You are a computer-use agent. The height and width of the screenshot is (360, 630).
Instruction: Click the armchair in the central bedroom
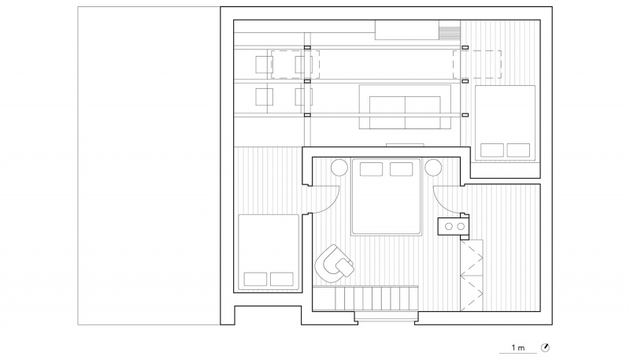click(333, 264)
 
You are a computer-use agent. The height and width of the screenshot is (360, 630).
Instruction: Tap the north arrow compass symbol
click(545, 347)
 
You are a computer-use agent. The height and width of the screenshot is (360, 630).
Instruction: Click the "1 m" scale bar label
click(518, 347)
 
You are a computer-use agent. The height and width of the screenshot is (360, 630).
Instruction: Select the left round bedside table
click(339, 168)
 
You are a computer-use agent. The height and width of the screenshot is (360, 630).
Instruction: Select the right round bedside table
click(433, 168)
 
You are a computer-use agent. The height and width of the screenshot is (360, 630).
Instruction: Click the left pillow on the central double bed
click(371, 169)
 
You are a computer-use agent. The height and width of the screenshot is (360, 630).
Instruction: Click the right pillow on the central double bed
click(402, 169)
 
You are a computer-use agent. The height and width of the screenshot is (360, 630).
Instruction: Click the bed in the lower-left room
click(269, 252)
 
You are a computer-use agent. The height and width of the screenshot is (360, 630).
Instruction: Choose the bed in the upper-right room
click(505, 123)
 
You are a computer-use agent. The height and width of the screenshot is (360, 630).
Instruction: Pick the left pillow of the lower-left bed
click(255, 279)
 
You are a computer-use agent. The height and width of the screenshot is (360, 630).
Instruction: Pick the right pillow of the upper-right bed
click(518, 150)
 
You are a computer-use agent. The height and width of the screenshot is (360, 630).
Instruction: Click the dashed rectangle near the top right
click(477, 65)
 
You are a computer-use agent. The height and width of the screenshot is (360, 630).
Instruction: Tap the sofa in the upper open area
click(405, 107)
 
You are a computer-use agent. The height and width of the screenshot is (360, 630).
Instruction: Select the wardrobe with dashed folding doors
click(472, 275)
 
